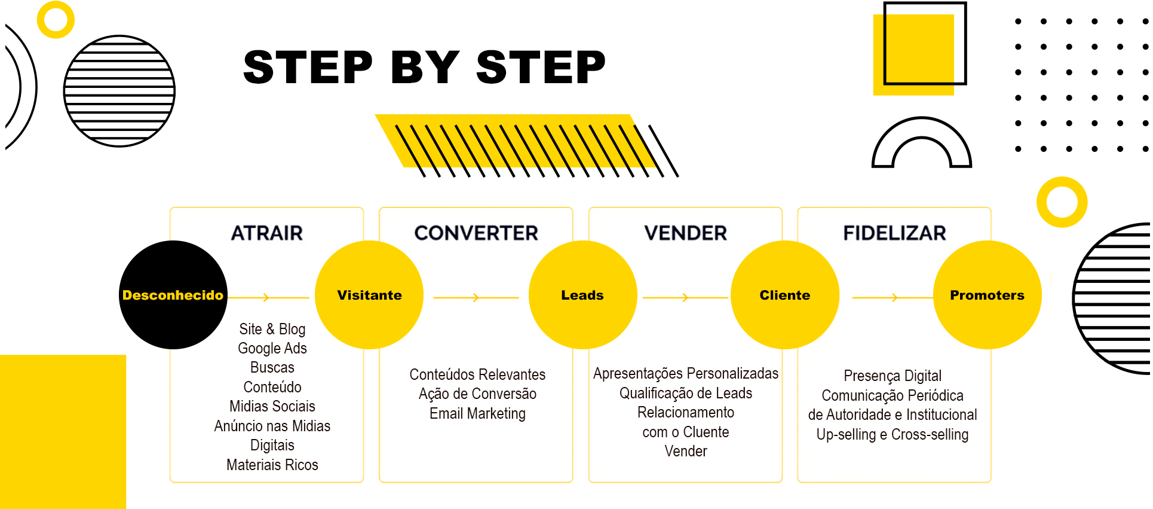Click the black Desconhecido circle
[x=173, y=295]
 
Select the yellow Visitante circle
[x=369, y=295]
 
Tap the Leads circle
[x=582, y=295]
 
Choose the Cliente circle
[x=785, y=295]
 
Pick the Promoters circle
[x=988, y=295]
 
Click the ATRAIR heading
[x=267, y=233]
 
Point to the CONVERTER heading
[x=476, y=233]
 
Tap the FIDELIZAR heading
[x=894, y=233]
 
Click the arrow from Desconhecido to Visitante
[x=268, y=297]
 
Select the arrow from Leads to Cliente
[x=685, y=297]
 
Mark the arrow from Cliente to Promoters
[x=893, y=297]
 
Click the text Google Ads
[x=272, y=349]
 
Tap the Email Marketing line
[x=477, y=414]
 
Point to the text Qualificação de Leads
[x=686, y=394]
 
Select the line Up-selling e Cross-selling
[x=893, y=435]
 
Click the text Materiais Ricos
[x=272, y=465]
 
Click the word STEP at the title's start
[x=308, y=67]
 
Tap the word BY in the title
[x=425, y=67]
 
